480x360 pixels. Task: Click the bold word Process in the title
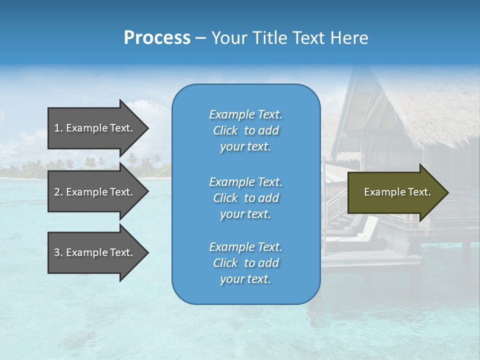(x=157, y=38)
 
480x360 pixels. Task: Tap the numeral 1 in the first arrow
(x=57, y=128)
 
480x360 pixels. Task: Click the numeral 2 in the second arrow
(x=57, y=192)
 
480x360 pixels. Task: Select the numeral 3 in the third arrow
(x=57, y=252)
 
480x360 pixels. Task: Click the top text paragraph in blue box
(x=245, y=130)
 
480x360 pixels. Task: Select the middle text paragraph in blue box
(x=245, y=198)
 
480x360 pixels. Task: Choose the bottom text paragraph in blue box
(x=245, y=263)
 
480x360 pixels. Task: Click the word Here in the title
(x=351, y=38)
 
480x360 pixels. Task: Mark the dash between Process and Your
(x=201, y=38)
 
